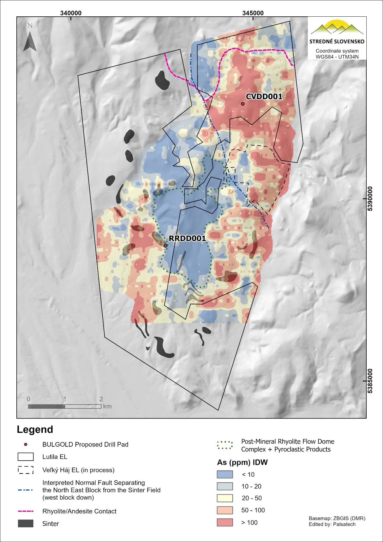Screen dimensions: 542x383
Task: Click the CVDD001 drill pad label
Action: (264, 97)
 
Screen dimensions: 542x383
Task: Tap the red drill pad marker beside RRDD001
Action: (166, 246)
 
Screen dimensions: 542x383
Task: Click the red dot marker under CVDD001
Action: (243, 104)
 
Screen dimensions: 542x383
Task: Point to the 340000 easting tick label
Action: (71, 13)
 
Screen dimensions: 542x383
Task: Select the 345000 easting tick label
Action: (253, 13)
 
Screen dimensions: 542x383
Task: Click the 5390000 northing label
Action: (370, 199)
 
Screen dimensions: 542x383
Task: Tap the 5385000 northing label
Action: (370, 381)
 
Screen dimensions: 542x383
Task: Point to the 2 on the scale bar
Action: (101, 399)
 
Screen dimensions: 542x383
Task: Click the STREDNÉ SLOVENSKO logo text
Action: (337, 42)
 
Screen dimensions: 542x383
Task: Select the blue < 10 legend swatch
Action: (225, 474)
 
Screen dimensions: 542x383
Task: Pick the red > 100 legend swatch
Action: (225, 522)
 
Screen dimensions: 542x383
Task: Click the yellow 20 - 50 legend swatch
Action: (225, 498)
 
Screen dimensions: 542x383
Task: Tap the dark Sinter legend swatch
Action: (26, 523)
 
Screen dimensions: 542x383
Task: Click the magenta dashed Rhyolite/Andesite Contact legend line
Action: (26, 511)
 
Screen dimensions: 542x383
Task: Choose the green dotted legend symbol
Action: (225, 445)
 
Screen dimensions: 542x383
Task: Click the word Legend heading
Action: (35, 429)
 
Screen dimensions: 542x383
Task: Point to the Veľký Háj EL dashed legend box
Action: (26, 470)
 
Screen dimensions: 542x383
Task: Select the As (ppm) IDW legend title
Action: (242, 462)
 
